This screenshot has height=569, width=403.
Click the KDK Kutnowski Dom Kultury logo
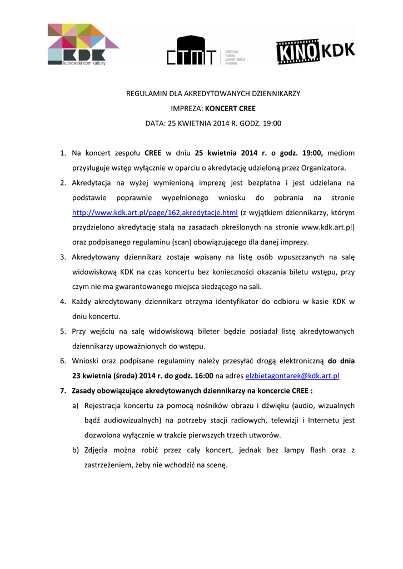[x=83, y=44]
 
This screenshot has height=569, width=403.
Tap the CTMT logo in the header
[x=206, y=51]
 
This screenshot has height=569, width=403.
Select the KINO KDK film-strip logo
[x=316, y=51]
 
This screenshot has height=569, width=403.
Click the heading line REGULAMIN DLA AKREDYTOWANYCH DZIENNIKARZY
[x=213, y=93]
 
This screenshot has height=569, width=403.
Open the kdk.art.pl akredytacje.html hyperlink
[x=155, y=212]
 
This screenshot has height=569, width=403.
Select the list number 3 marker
[x=63, y=257]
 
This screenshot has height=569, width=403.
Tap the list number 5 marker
[x=63, y=331]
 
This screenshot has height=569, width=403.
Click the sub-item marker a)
[x=75, y=406]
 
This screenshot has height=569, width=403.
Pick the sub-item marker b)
[x=75, y=450]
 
